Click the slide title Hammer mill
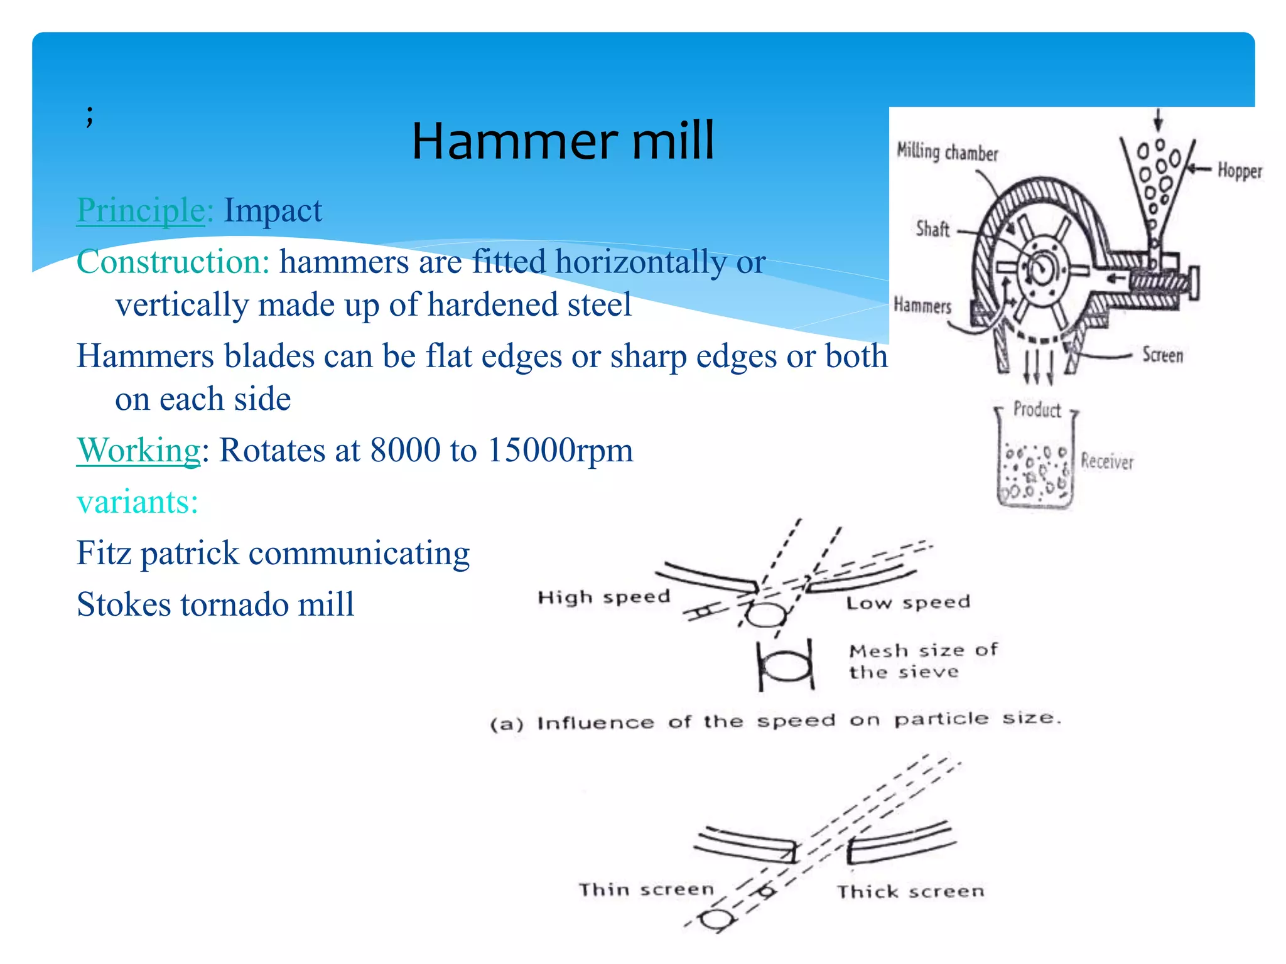[x=563, y=141]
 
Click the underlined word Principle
[x=141, y=210]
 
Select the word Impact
[x=273, y=210]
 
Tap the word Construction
[x=173, y=262]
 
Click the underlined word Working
[x=138, y=451]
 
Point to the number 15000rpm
[x=560, y=451]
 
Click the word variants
[x=137, y=502]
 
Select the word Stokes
[x=124, y=604]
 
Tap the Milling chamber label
[x=947, y=153]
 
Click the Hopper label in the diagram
[x=1240, y=171]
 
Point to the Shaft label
[x=932, y=229]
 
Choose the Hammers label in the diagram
[x=922, y=306]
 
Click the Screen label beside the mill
[x=1162, y=355]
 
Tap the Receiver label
[x=1107, y=462]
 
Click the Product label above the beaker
[x=1037, y=410]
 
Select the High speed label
[x=603, y=597]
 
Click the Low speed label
[x=908, y=603]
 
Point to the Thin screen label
[x=646, y=889]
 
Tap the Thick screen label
[x=910, y=892]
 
